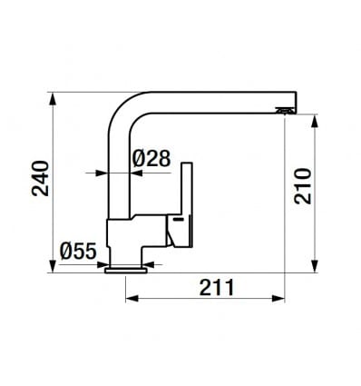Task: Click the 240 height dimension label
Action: (41, 178)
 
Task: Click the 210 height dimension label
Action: (303, 186)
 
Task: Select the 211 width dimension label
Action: (217, 288)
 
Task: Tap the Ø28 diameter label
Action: (151, 158)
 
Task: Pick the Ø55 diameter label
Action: (78, 251)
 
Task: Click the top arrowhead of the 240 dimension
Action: (53, 99)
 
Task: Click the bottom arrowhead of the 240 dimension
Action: (53, 266)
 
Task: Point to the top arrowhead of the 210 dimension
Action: (315, 121)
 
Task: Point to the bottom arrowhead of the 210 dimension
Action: (315, 266)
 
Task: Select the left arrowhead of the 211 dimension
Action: (132, 299)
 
